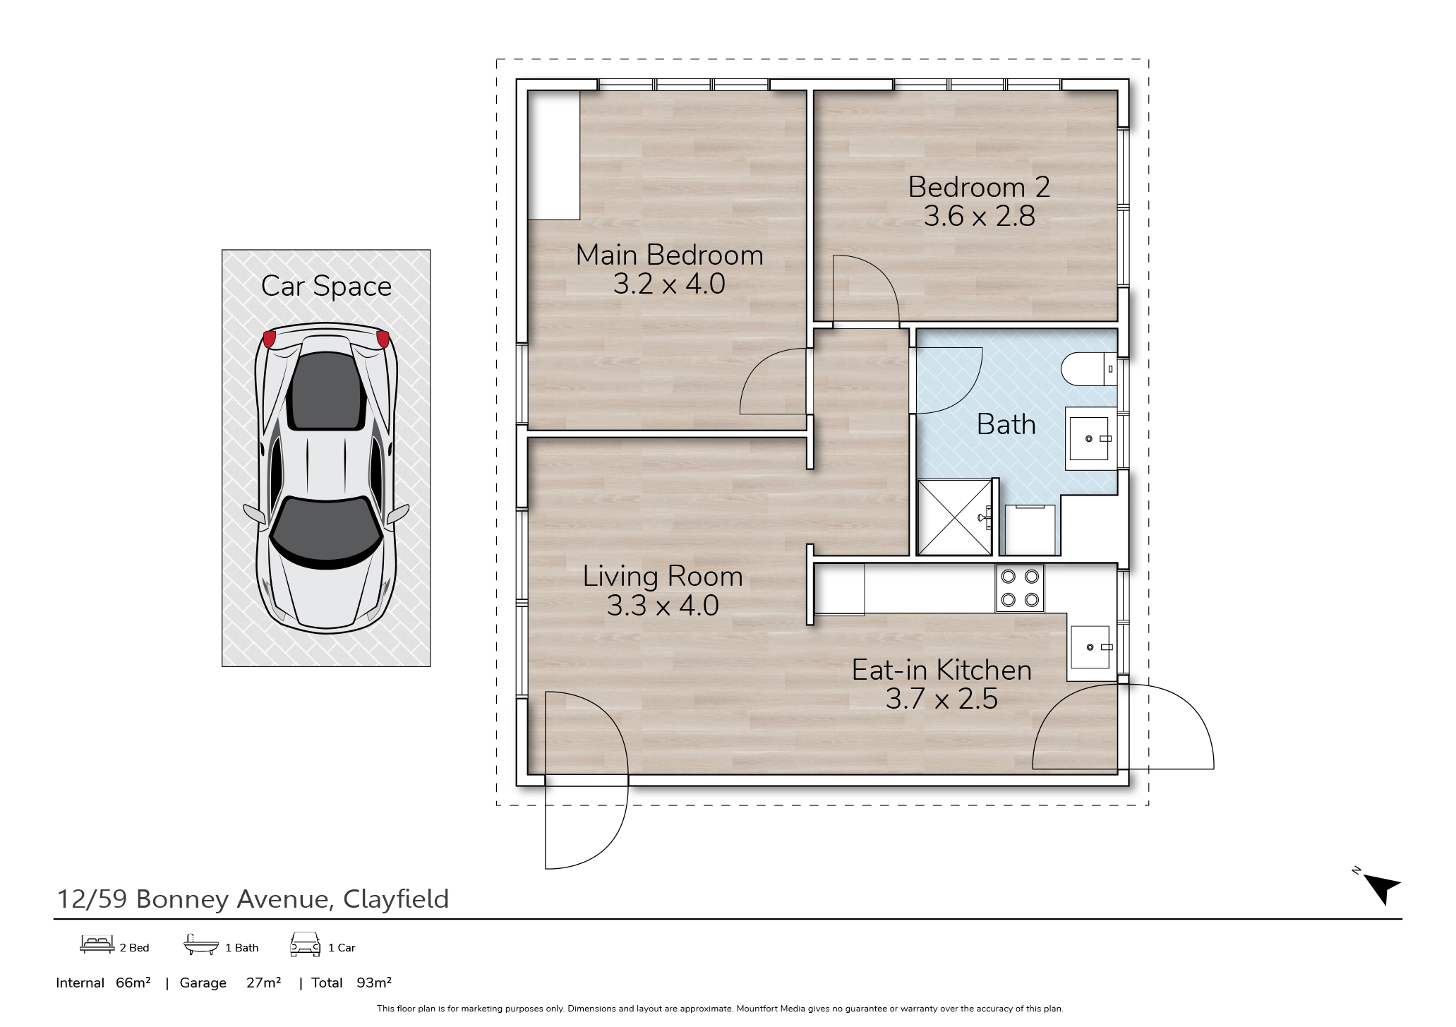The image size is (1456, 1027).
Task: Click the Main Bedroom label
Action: (x=669, y=255)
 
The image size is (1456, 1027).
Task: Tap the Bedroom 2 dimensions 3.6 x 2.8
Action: (x=979, y=216)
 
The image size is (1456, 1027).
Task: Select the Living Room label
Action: (x=663, y=577)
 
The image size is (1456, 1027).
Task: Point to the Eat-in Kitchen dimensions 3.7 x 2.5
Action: (x=941, y=699)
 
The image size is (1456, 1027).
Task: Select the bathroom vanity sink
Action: (x=1090, y=439)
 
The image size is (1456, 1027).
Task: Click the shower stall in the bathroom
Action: (x=953, y=517)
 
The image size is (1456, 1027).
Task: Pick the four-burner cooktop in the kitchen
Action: (x=1020, y=588)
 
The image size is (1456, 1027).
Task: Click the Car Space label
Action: (x=326, y=286)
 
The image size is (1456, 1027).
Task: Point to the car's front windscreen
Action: (x=327, y=531)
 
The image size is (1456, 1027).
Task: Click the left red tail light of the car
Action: (x=269, y=339)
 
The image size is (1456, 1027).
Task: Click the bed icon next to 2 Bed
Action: (x=97, y=945)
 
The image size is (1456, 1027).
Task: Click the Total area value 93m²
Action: (x=374, y=983)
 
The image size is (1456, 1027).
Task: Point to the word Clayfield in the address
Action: (x=395, y=899)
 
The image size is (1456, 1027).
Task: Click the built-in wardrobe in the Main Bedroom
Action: (x=554, y=155)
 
